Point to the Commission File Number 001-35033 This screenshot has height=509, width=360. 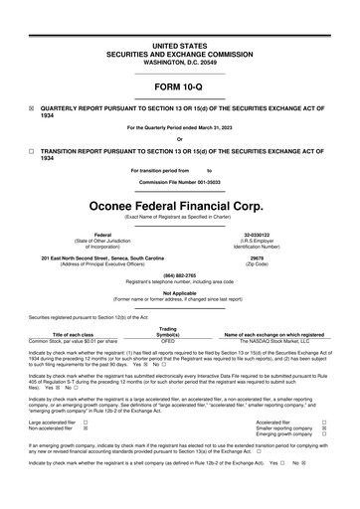coord(180,184)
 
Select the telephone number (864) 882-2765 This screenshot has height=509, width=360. coord(180,275)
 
